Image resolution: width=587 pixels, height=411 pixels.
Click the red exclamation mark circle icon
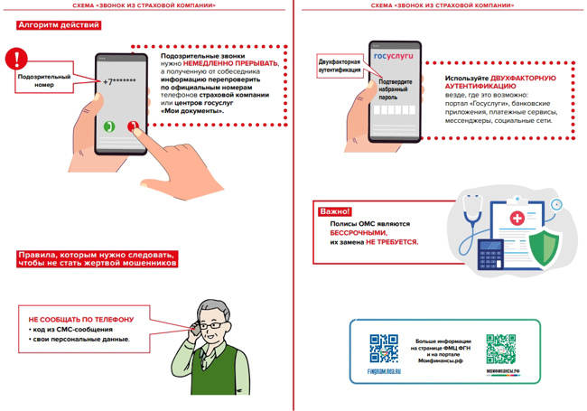click(x=16, y=60)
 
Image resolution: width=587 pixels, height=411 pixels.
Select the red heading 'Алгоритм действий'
click(x=59, y=25)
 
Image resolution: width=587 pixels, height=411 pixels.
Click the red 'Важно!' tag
click(x=335, y=211)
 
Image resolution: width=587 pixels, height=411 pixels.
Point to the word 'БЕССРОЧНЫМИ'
click(x=359, y=233)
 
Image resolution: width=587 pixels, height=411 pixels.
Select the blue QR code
click(x=384, y=348)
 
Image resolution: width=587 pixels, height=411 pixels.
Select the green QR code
click(x=501, y=349)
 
